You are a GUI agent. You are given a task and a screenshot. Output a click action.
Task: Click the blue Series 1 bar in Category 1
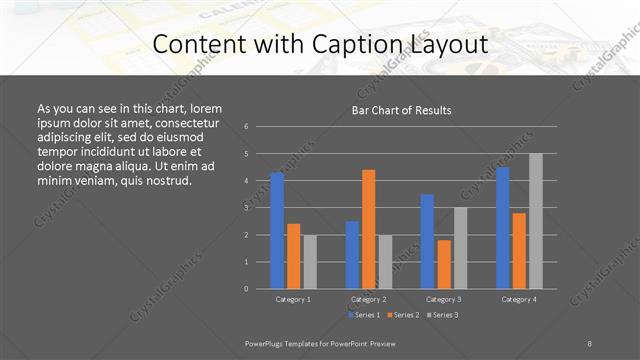[277, 230]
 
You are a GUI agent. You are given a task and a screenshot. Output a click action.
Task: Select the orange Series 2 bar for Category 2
[369, 229]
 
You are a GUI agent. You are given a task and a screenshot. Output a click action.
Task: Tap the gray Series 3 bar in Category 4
[536, 221]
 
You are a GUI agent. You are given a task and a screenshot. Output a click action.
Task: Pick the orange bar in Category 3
[444, 264]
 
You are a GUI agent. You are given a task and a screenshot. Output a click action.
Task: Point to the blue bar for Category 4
[503, 228]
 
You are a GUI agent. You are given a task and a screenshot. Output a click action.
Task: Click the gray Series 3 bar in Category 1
[310, 261]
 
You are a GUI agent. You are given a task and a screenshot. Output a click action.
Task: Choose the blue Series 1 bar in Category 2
[352, 254]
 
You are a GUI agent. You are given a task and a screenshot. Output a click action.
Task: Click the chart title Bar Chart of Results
[401, 110]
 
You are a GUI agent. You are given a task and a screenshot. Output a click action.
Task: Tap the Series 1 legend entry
[362, 315]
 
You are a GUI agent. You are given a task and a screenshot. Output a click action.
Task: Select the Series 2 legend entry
[402, 315]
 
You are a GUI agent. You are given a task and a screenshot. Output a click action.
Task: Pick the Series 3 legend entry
[442, 315]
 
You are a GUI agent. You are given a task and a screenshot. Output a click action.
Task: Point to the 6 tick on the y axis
[246, 127]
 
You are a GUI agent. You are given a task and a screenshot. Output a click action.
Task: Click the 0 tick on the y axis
[246, 289]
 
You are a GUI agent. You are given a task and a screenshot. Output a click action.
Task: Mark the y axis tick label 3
[246, 208]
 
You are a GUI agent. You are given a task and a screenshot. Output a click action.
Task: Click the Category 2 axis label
[369, 299]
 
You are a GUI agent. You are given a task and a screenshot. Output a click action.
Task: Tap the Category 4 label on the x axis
[519, 299]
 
